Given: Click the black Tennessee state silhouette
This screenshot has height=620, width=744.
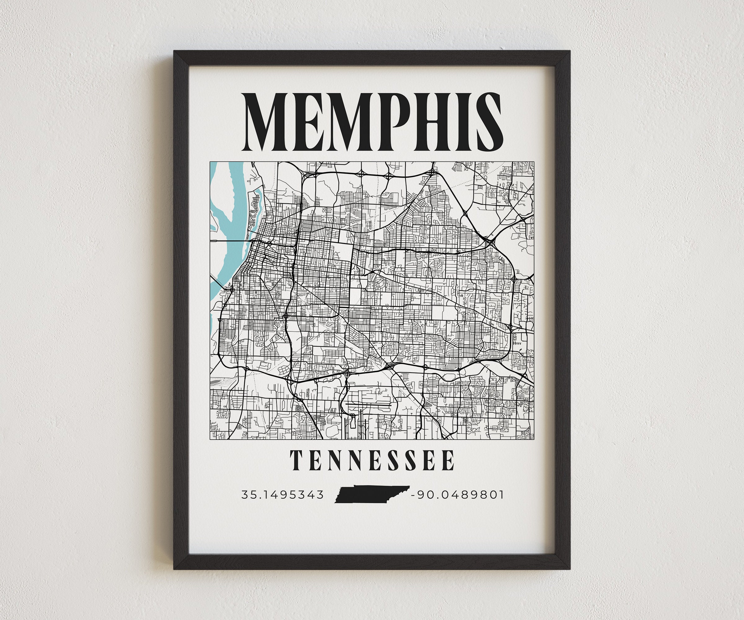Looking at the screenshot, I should [x=370, y=494].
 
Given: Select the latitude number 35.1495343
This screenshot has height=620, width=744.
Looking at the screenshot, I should [x=282, y=494].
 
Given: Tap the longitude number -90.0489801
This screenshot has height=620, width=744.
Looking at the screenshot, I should [x=457, y=494].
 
